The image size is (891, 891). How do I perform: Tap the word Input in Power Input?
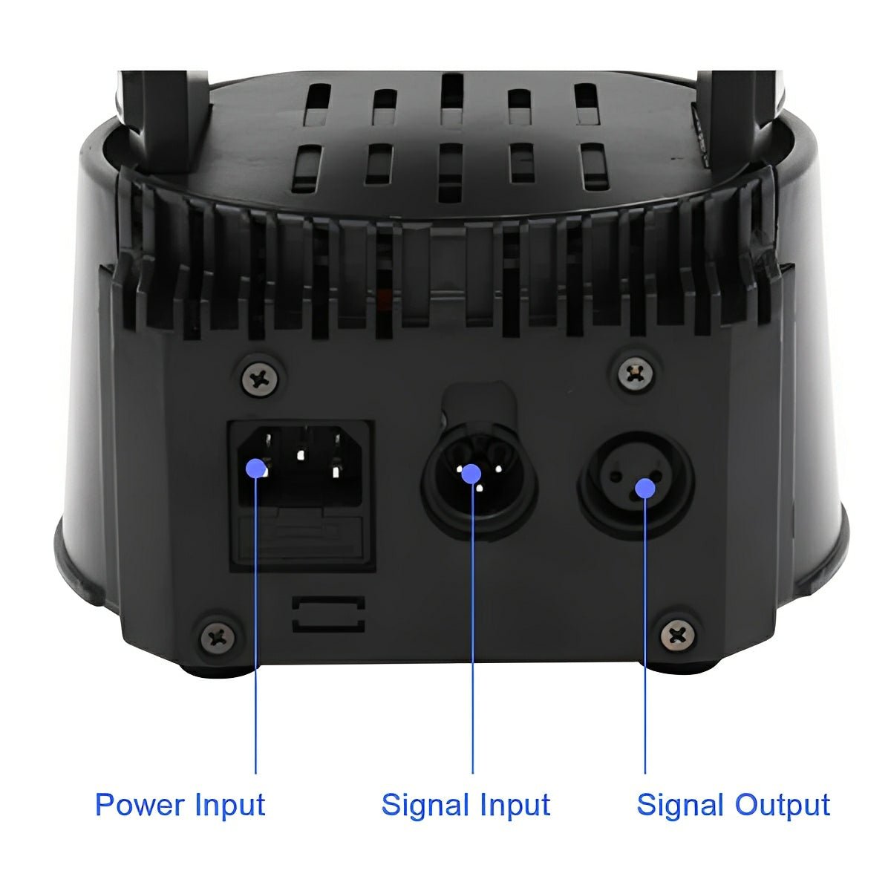[230, 806]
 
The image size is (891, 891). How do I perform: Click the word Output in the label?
[782, 806]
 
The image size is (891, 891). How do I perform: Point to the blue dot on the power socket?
[256, 468]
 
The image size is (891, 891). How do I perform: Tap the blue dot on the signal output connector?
[645, 488]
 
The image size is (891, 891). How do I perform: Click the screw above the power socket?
[261, 378]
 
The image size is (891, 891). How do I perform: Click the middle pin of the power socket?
[301, 456]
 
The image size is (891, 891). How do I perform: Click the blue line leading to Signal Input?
[473, 631]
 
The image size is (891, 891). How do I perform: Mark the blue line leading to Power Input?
[256, 631]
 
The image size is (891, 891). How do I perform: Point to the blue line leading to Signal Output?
[645, 639]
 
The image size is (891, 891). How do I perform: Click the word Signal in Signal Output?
[681, 806]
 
